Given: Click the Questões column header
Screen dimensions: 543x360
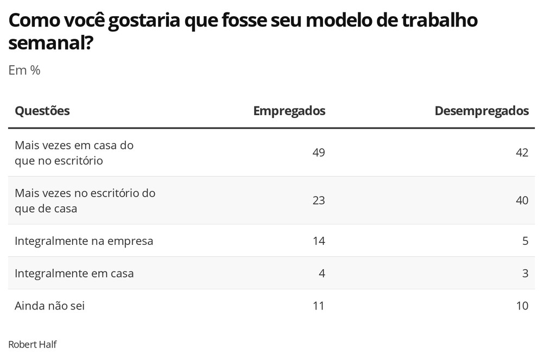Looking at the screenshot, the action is point(42,111).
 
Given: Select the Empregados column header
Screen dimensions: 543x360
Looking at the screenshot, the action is point(289,111).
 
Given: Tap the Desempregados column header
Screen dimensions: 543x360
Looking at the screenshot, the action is point(482,111).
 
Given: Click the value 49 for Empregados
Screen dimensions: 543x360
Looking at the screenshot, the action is point(319,152).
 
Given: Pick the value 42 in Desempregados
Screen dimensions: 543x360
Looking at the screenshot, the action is point(522,152).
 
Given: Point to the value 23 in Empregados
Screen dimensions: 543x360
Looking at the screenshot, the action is point(319,200).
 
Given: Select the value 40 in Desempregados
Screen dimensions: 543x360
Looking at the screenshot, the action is point(522,200).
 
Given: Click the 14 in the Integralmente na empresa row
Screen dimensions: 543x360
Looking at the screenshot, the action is point(319,241).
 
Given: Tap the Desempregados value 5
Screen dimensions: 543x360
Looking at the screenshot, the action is point(525,241).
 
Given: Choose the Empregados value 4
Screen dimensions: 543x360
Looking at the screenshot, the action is point(321,273).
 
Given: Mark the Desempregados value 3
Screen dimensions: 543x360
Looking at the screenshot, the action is point(525,273).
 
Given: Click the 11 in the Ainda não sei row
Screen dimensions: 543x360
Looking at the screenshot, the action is point(319,306).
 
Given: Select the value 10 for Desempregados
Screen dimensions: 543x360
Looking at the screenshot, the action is point(522,306).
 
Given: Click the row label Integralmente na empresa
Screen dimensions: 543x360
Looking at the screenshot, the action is point(84,241).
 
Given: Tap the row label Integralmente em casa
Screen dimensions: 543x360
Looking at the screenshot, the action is point(74,274).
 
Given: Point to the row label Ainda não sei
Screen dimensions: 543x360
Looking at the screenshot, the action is point(49,306).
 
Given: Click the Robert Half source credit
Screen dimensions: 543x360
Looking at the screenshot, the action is point(33,344).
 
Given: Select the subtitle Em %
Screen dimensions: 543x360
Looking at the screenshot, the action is point(24,70).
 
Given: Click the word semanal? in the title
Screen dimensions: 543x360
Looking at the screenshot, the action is point(51,43).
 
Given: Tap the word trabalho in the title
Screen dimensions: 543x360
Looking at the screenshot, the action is point(439,20).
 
